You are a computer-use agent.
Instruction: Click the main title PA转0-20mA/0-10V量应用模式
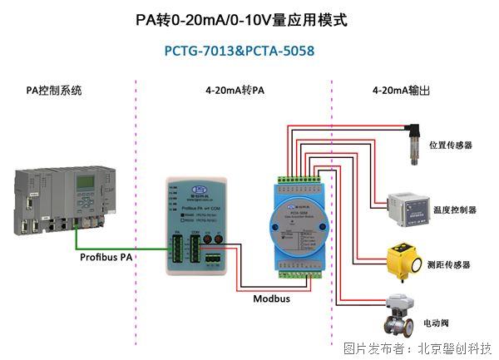coord(240,19)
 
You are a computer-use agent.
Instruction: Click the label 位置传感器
coord(451,145)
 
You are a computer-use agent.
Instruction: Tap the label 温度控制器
coord(455,210)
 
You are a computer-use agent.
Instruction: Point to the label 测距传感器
coord(452,264)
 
